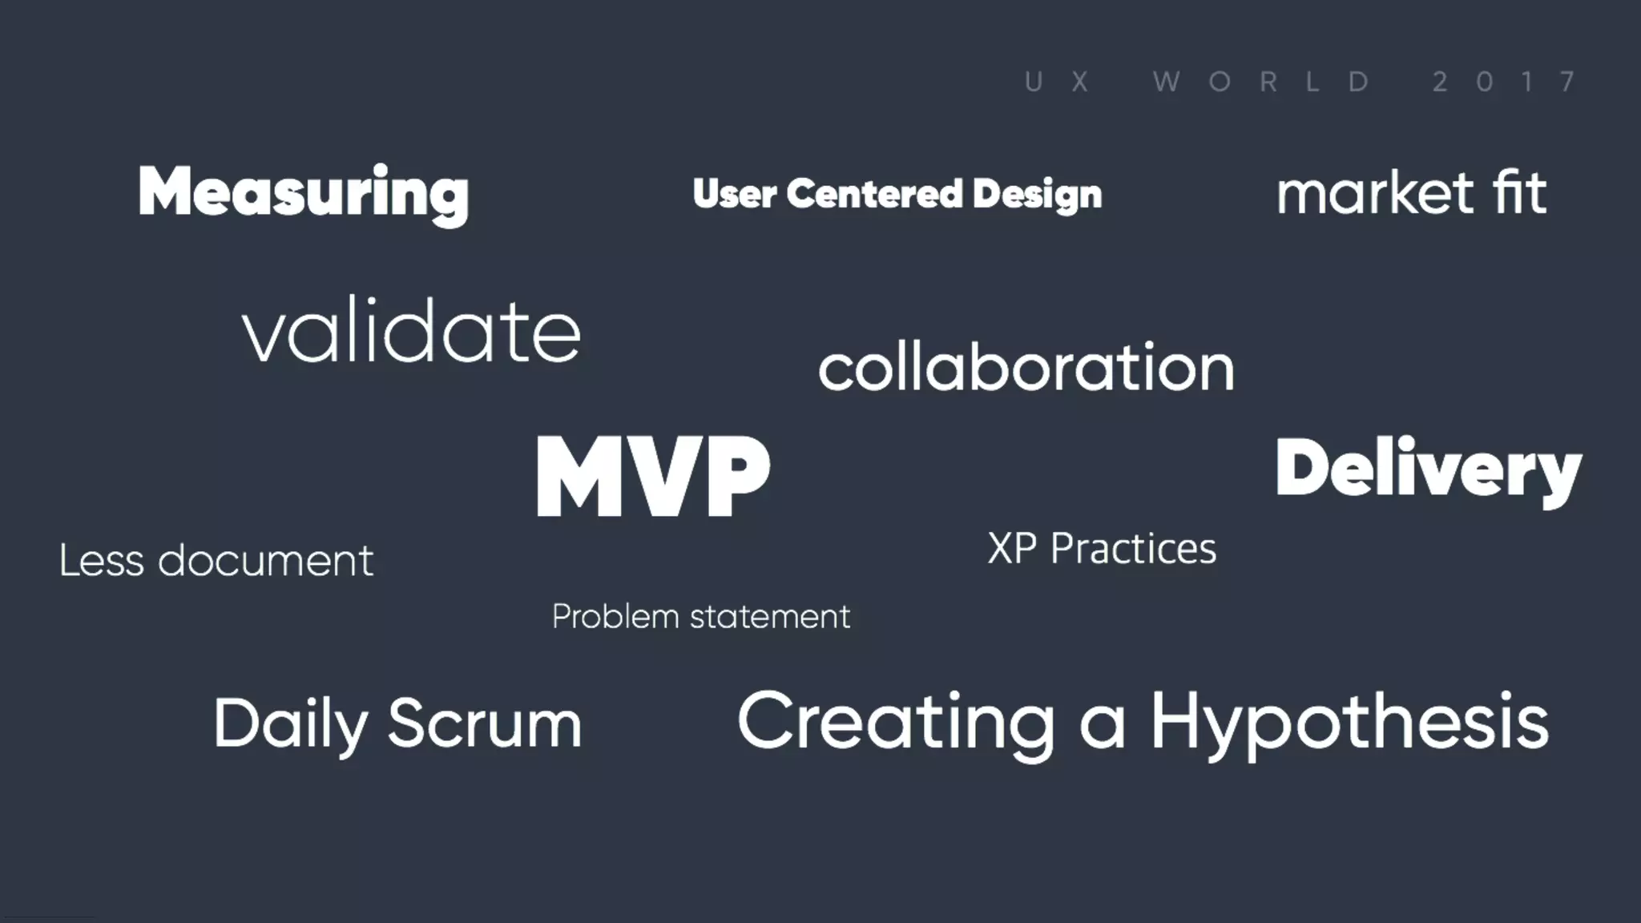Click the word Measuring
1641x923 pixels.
[x=303, y=192]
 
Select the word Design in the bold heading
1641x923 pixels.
[x=1038, y=195]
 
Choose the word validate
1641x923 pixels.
[x=411, y=330]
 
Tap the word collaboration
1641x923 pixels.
[x=1026, y=368]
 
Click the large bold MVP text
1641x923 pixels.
[x=653, y=476]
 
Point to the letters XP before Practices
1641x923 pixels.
[x=1012, y=549]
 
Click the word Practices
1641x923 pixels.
[x=1133, y=549]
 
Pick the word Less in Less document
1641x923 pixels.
[x=101, y=560]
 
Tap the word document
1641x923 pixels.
[x=265, y=560]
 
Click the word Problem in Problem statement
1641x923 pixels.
[x=615, y=617]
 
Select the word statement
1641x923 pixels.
[x=769, y=617]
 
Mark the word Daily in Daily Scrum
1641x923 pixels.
[x=289, y=724]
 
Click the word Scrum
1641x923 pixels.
[x=485, y=723]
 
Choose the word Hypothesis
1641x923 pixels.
[x=1349, y=723]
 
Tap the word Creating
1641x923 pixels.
[x=896, y=723]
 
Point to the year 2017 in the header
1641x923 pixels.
[x=1505, y=82]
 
